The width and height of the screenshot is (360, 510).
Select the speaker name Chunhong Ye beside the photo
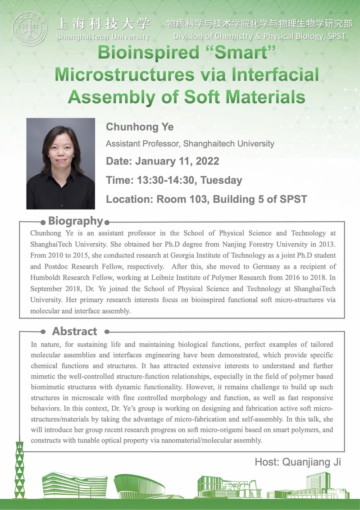point(140,127)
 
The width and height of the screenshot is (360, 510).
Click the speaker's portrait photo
point(60,164)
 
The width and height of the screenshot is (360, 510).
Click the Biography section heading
point(76,221)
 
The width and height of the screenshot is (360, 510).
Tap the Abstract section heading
point(74,332)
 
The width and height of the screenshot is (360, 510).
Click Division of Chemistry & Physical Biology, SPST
point(260,36)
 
